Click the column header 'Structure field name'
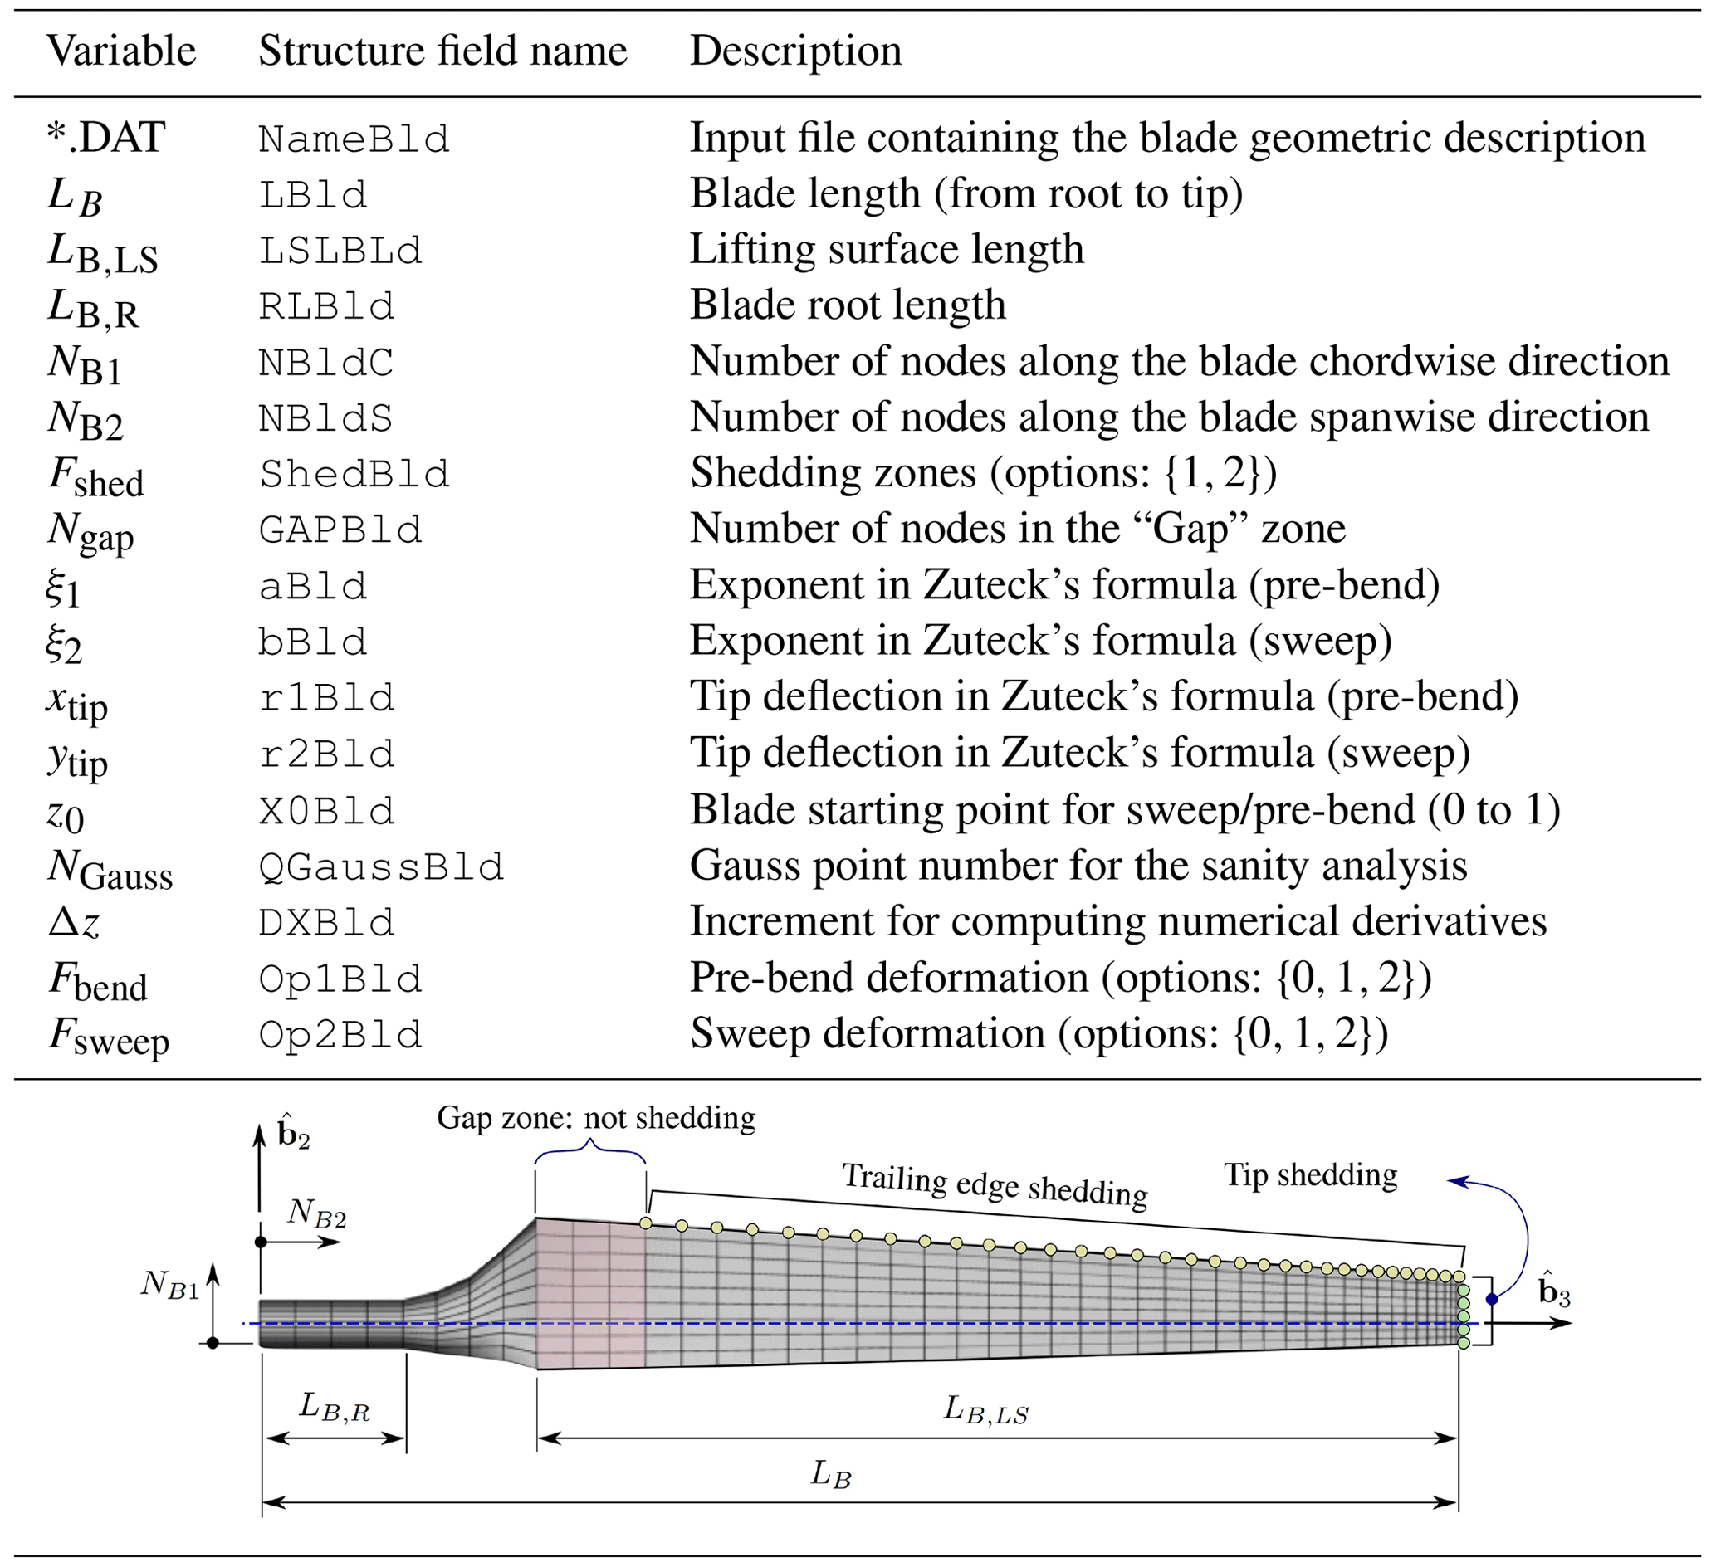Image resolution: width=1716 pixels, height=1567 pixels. click(442, 51)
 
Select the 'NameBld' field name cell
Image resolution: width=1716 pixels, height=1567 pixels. click(354, 139)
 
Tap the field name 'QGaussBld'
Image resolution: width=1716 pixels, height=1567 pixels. click(381, 867)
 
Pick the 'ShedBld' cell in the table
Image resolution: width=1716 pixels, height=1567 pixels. click(354, 474)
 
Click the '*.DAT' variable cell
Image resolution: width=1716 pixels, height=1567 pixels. click(105, 138)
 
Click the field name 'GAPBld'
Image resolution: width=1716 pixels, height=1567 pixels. click(340, 530)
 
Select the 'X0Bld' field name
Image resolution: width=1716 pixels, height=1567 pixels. click(327, 811)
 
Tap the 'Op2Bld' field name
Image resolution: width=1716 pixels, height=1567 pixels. click(340, 1035)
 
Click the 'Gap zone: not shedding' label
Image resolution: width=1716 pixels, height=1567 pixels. click(596, 1118)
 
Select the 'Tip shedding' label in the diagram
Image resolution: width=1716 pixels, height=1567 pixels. click(1310, 1175)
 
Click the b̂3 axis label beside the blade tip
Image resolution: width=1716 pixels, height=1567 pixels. click(1553, 1291)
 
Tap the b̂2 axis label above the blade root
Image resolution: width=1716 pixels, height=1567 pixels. click(293, 1135)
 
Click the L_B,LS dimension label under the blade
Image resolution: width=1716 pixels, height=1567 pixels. click(985, 1409)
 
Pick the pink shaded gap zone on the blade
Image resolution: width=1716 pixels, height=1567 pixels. click(590, 1293)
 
